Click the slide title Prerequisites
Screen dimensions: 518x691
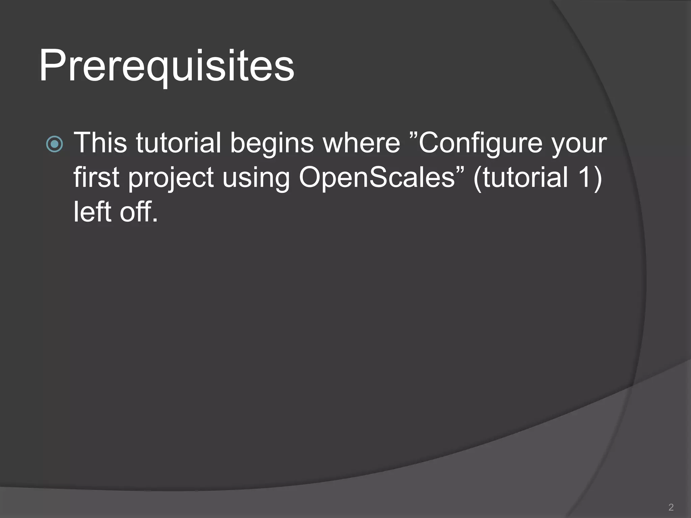167,66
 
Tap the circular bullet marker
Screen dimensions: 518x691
54,144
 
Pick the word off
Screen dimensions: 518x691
138,212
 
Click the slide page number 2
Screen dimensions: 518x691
671,507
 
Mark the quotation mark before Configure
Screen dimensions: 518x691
414,135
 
